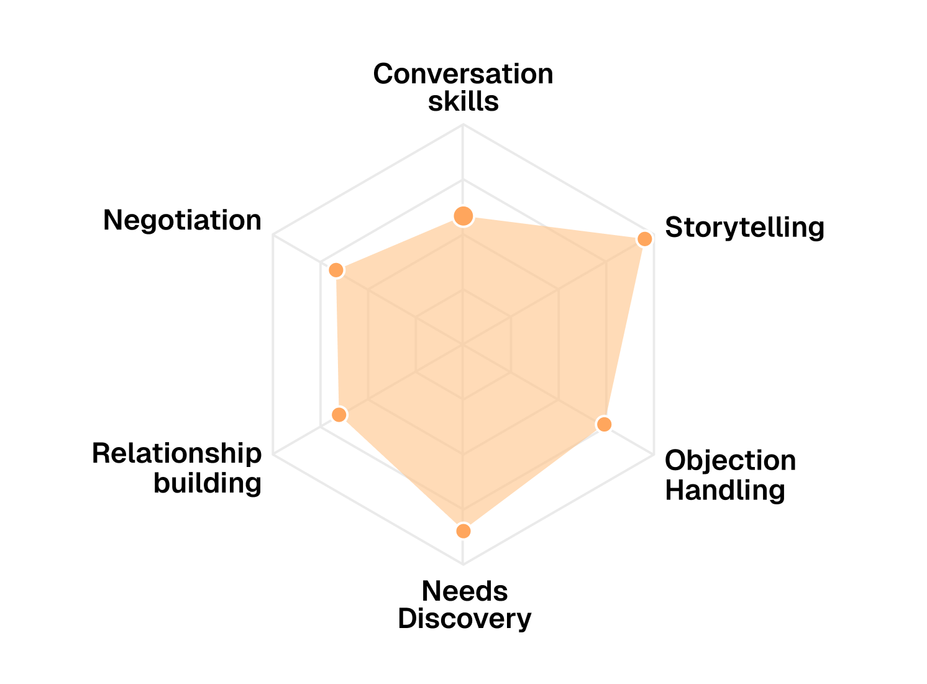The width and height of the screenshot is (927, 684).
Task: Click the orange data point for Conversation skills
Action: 463,216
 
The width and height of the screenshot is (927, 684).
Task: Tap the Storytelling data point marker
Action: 645,239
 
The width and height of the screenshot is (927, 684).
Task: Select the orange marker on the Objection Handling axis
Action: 603,424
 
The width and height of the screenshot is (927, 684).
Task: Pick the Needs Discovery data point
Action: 463,530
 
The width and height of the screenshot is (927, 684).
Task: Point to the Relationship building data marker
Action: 339,414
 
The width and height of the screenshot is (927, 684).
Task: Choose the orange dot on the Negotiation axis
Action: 336,270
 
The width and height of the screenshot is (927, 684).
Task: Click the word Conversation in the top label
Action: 463,74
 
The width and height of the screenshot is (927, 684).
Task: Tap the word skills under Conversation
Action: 463,101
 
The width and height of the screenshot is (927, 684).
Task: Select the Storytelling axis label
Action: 744,228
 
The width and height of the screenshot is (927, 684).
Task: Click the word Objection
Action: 730,461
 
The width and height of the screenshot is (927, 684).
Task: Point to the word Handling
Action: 724,490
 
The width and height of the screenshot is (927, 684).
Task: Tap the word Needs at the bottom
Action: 465,591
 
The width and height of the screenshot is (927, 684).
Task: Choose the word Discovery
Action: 465,619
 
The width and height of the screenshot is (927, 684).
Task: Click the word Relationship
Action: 176,454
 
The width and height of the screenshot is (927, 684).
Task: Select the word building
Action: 208,483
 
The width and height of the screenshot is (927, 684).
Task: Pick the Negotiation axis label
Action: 182,220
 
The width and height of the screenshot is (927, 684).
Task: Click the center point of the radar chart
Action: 463,344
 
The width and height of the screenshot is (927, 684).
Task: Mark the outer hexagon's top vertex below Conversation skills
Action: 463,124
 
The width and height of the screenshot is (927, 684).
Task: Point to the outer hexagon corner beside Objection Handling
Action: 653,453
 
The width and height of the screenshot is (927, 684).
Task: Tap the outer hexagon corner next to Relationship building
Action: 273,453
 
